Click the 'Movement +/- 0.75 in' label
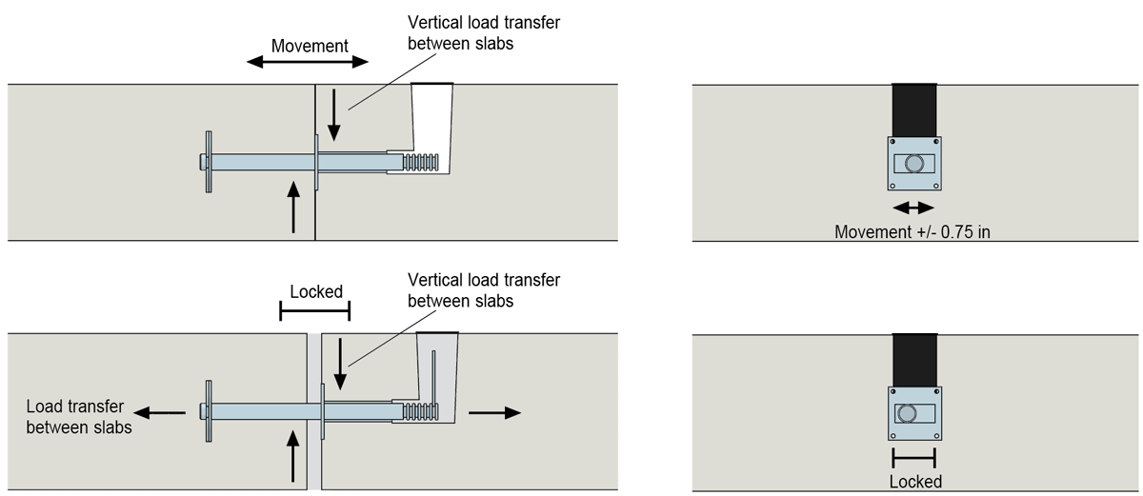coord(912,231)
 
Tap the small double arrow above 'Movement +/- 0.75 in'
coord(913,208)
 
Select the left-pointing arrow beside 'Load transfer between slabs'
coord(159,412)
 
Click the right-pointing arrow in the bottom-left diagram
coord(495,412)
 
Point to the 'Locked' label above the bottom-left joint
coord(315,291)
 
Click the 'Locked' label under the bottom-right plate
coord(914,481)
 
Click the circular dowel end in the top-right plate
coord(914,163)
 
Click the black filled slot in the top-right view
coord(914,109)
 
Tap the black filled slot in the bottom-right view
coord(914,360)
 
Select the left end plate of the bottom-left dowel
coord(207,412)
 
